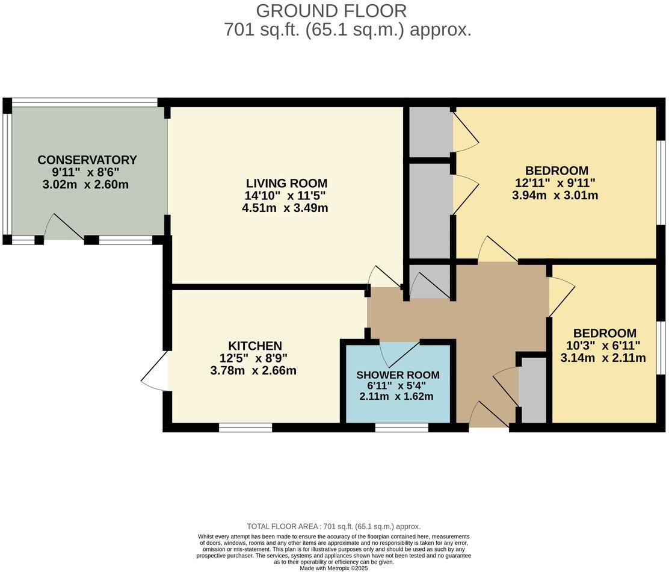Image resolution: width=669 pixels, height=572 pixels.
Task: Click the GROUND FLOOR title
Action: pyautogui.click(x=331, y=11)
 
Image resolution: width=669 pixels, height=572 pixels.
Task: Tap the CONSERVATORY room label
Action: pyautogui.click(x=87, y=160)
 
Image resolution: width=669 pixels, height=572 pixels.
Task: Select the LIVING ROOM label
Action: pyautogui.click(x=286, y=183)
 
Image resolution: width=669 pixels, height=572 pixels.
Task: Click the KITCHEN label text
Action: pyautogui.click(x=254, y=346)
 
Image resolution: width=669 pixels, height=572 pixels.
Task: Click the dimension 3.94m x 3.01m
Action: pyautogui.click(x=556, y=195)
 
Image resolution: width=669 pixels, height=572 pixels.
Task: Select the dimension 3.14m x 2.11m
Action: pyautogui.click(x=603, y=358)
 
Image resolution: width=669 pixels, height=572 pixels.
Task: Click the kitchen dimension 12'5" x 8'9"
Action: pyautogui.click(x=254, y=358)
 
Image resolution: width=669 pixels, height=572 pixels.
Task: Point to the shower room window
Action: pyautogui.click(x=401, y=428)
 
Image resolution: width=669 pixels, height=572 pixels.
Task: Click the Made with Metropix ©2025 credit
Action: pyautogui.click(x=333, y=568)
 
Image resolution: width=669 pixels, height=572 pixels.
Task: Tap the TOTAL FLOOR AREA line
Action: pyautogui.click(x=333, y=526)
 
